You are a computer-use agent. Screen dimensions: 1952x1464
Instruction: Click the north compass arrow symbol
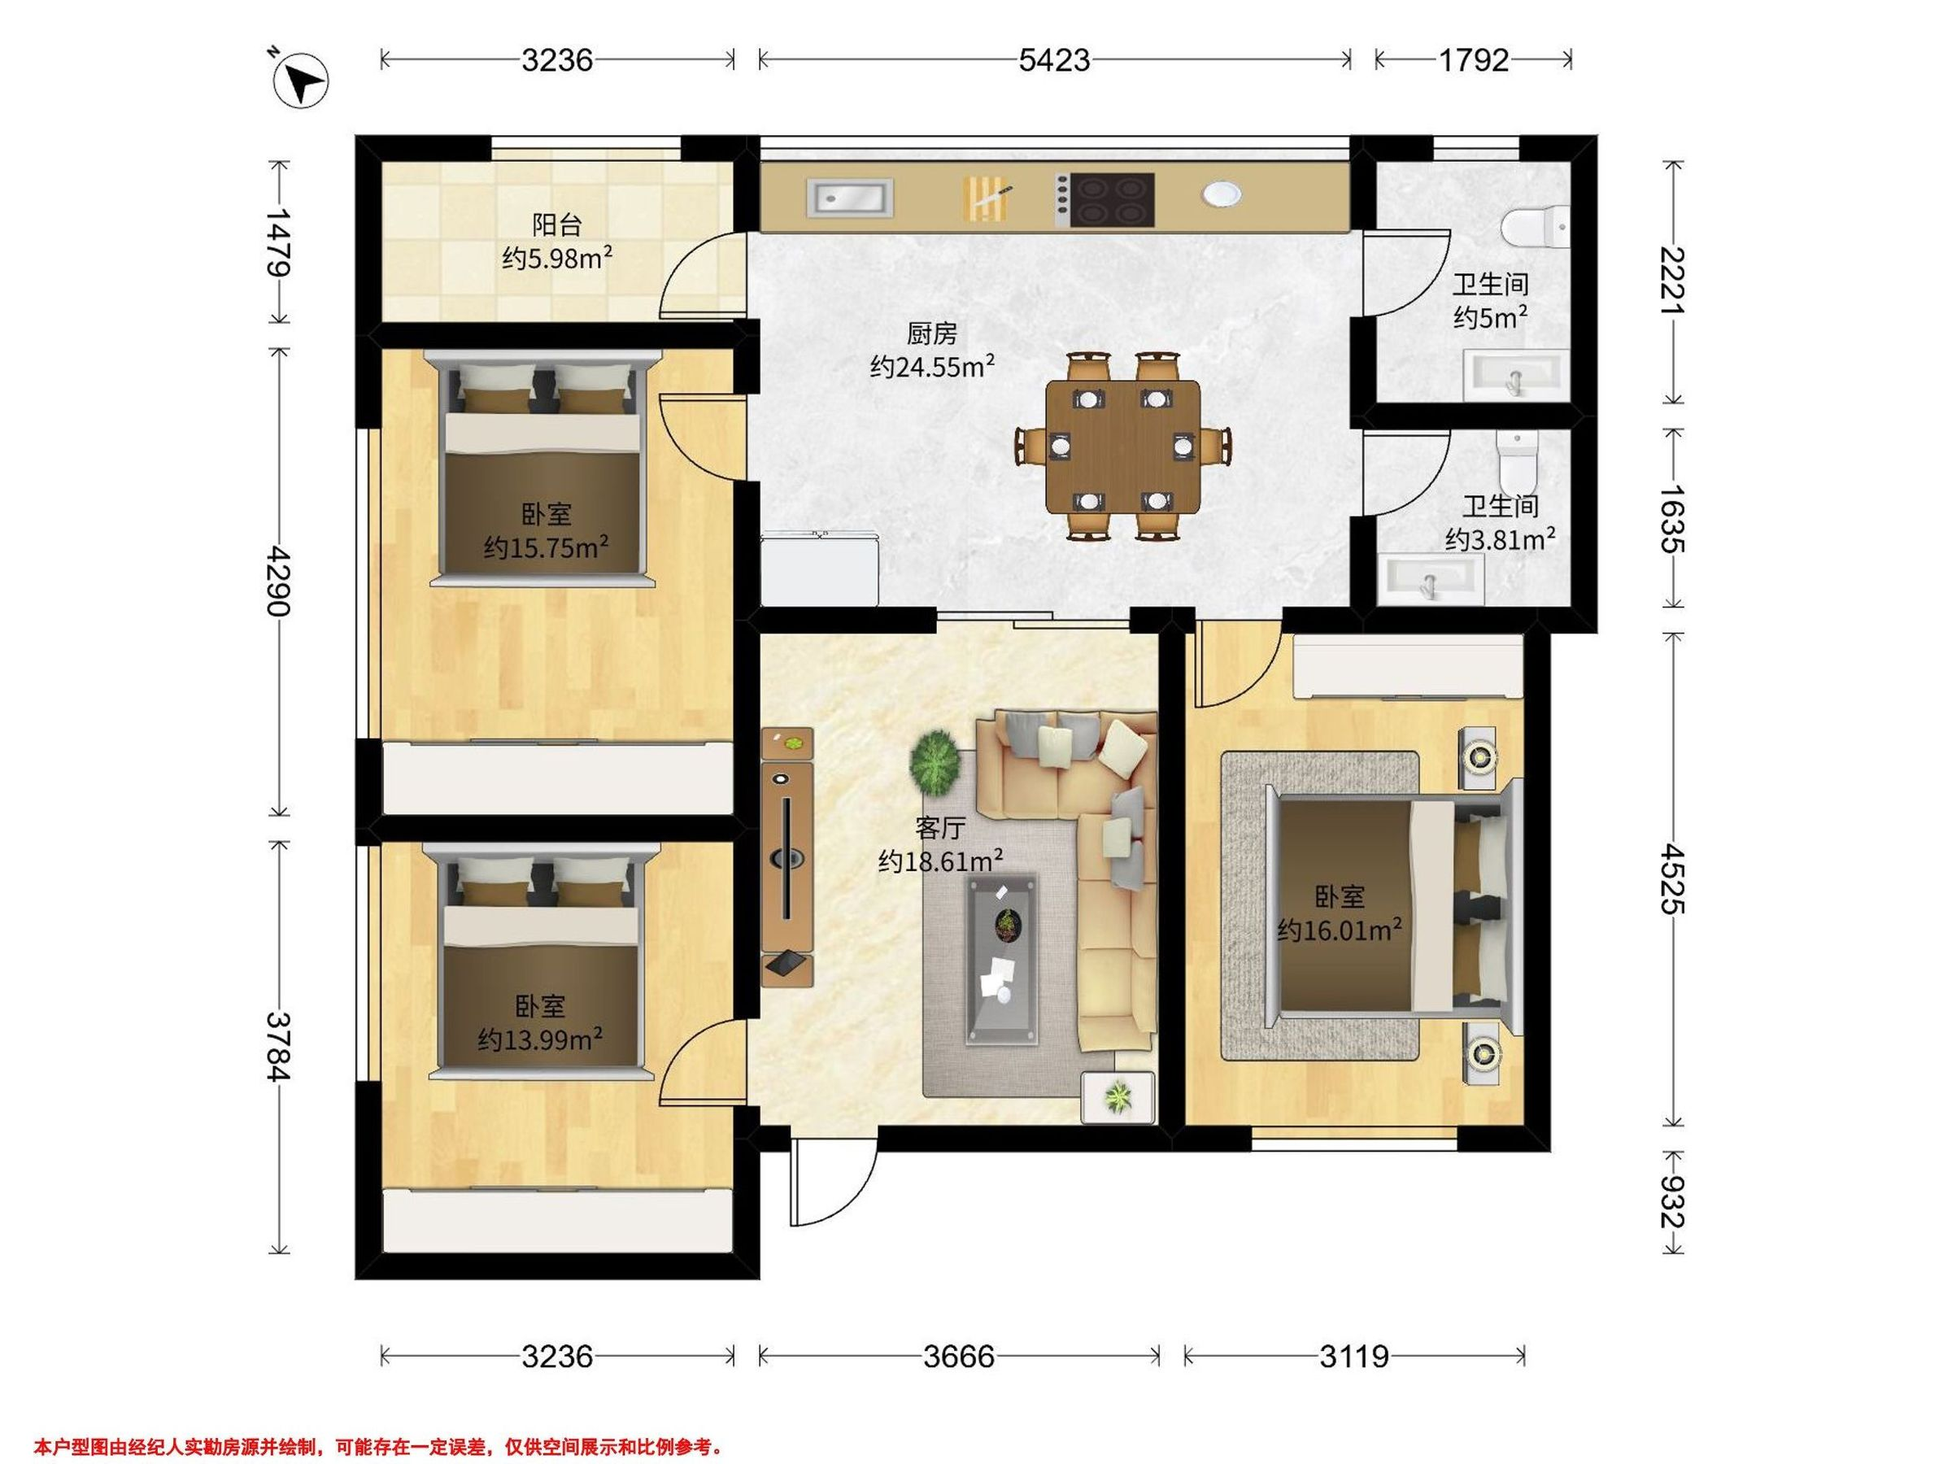click(300, 80)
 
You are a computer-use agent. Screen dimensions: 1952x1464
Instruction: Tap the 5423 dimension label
click(1055, 60)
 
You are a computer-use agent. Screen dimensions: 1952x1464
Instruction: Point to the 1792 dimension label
click(1474, 60)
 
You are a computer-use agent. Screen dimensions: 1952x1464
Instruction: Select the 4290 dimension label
click(280, 581)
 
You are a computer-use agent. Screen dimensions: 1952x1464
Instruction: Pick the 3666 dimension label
click(959, 1356)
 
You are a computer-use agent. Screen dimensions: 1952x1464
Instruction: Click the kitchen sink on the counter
click(850, 197)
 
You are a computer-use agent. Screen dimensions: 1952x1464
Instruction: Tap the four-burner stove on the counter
click(1105, 199)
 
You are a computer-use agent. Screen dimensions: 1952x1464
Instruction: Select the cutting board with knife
click(987, 198)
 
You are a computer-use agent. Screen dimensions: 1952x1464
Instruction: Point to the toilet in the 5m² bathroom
click(1536, 227)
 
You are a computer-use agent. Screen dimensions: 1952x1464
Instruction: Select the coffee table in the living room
click(1001, 960)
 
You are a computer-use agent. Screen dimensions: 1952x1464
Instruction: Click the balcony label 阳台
click(557, 225)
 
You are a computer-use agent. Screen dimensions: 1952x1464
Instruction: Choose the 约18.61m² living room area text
click(941, 861)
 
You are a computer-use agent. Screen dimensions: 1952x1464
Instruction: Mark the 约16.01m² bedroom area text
click(1340, 929)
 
